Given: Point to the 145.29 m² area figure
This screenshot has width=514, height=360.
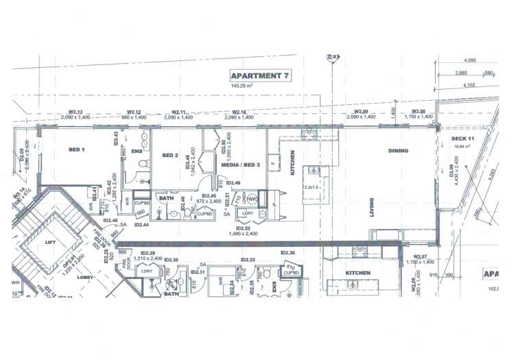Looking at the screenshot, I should click(255, 86).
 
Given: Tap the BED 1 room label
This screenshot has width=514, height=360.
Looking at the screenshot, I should click(77, 149).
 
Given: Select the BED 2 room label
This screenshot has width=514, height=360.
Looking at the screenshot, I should click(170, 156).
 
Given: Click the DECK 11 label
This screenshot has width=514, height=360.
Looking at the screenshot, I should click(463, 139).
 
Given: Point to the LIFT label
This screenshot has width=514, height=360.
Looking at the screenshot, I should click(51, 242).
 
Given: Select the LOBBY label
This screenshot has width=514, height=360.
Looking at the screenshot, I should click(84, 277).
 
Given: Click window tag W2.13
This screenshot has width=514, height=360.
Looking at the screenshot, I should click(75, 112).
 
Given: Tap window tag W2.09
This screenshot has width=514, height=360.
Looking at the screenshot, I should click(361, 112).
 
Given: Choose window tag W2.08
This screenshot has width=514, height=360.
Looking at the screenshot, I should click(418, 112).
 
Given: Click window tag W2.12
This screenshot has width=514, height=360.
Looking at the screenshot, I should click(134, 112).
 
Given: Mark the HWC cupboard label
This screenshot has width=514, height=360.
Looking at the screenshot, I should click(253, 199).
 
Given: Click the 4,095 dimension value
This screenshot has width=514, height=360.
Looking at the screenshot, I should click(469, 60).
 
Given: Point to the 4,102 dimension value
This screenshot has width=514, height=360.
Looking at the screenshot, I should click(469, 85).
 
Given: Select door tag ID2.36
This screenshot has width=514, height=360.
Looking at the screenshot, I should click(288, 253).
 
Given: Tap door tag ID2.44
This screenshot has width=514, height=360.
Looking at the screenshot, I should click(141, 225).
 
